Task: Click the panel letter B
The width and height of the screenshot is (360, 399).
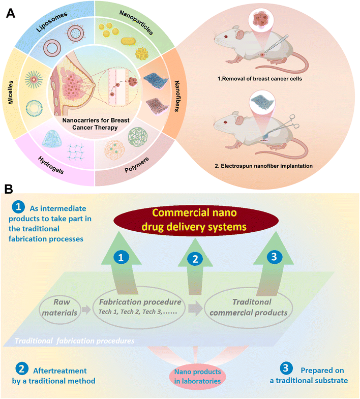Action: [10, 189]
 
